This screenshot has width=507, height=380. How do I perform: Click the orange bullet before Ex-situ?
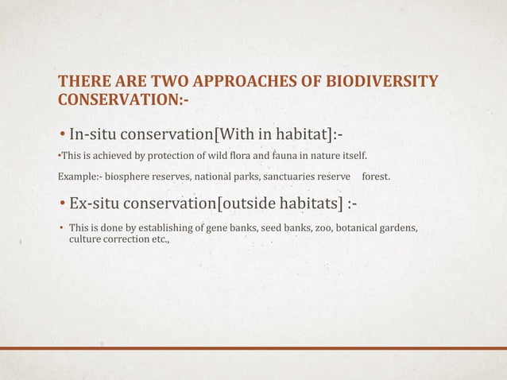(x=62, y=204)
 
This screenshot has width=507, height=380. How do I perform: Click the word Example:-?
(x=78, y=175)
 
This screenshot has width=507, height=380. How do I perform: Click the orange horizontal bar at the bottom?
(x=253, y=348)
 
